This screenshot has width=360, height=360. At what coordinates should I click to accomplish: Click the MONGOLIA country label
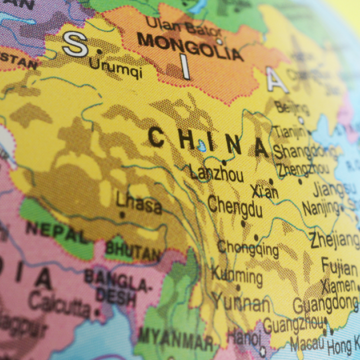tap(190, 46)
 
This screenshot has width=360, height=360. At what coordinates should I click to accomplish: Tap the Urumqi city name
tap(116, 67)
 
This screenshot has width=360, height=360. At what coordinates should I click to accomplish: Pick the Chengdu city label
tap(235, 206)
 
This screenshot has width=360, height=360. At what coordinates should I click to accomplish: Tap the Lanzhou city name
tap(216, 173)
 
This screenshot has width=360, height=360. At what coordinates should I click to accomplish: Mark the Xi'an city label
tap(264, 191)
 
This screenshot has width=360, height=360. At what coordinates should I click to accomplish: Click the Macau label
tap(307, 344)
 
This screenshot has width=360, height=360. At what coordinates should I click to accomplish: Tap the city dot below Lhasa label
tap(122, 215)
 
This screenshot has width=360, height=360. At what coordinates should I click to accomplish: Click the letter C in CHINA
tap(156, 136)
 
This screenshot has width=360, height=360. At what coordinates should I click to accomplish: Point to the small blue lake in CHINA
tap(201, 145)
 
